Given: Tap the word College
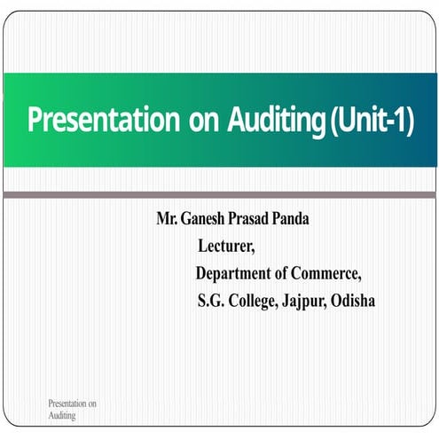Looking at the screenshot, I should point(253,301).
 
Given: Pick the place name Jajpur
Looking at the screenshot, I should point(304,302).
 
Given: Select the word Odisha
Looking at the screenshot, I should point(353,301).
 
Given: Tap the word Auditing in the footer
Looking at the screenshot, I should point(62,415).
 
